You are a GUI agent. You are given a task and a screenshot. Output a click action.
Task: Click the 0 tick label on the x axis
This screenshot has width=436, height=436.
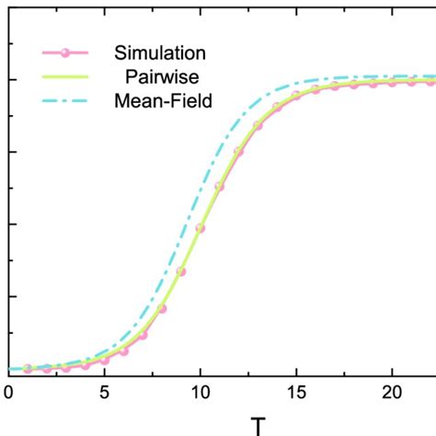(x=8, y=392)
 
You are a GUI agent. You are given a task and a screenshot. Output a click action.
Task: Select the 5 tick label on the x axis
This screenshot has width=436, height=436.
(x=104, y=392)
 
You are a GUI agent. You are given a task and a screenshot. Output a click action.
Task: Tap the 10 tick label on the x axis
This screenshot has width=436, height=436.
(x=200, y=392)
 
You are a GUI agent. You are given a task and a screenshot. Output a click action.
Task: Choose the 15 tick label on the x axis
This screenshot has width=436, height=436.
(x=295, y=392)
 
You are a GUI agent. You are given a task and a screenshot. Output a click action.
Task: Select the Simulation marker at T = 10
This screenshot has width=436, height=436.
(x=200, y=228)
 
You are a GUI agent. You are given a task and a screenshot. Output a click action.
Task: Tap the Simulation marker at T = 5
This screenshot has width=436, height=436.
(x=104, y=360)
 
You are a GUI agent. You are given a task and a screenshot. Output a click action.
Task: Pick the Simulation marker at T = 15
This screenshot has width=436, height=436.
(x=295, y=96)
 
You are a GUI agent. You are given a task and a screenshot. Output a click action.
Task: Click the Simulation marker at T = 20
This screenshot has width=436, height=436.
(x=391, y=83)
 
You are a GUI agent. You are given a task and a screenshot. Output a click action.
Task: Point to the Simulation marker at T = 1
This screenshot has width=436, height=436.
(x=28, y=368)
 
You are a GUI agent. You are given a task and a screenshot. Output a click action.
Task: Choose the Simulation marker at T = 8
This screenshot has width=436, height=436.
(x=162, y=307)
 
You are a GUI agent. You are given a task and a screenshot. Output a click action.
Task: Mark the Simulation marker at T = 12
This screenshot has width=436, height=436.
(x=238, y=151)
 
